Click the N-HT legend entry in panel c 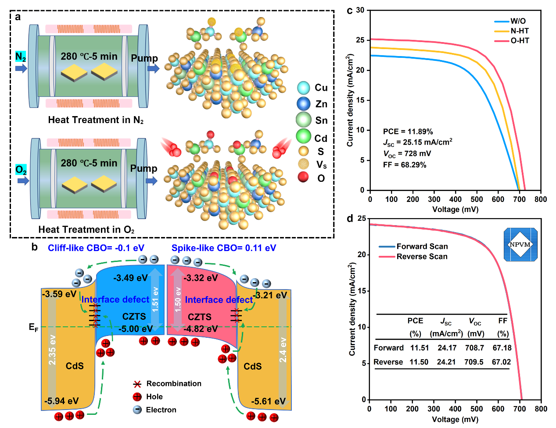click(520, 31)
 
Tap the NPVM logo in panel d click(520, 244)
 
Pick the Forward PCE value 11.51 click(420, 348)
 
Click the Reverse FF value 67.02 click(501, 362)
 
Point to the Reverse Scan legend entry click(422, 257)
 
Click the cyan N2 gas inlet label click(21, 57)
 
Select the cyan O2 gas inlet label click(21, 170)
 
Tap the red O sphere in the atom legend click(303, 177)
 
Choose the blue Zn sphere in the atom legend click(303, 104)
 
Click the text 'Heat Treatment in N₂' click(96, 120)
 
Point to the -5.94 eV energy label click(61, 401)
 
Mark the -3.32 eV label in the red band click(201, 278)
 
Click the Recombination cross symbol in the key click(137, 384)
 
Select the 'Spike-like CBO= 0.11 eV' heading click(224, 248)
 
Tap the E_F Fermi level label click(33, 327)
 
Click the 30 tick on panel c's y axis click(360, 10)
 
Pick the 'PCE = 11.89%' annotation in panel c click(408, 131)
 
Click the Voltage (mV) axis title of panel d click(455, 419)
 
